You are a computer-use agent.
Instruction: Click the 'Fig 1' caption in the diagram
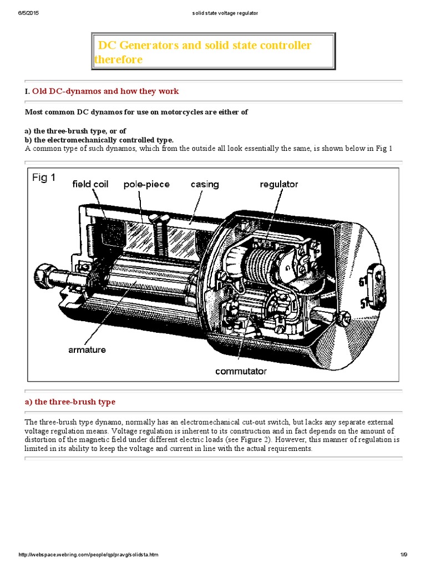tap(43, 179)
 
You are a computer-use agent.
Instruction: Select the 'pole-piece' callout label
tap(146, 184)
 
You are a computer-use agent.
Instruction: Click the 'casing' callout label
tap(205, 184)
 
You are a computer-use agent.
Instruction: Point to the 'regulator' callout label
tap(279, 184)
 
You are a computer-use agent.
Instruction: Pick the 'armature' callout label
tap(87, 349)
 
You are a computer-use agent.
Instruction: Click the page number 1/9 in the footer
tap(403, 555)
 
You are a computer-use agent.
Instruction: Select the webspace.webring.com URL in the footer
tap(88, 555)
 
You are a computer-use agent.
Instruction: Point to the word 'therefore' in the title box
tap(118, 59)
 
